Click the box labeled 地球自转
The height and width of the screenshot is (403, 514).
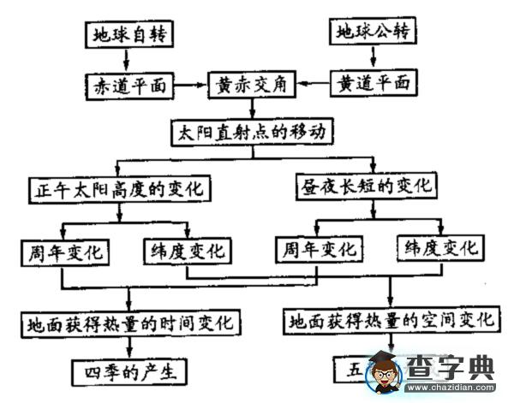point(131,36)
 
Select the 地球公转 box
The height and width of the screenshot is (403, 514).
point(374,33)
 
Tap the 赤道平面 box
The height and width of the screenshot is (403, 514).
point(130,86)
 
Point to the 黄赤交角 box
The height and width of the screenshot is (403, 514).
point(252,85)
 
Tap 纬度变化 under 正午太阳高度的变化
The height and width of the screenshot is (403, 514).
point(184,252)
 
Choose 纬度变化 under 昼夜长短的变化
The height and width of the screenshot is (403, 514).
point(437,249)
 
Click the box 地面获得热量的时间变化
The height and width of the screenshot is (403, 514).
point(130,323)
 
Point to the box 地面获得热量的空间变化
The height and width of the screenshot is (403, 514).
point(392,321)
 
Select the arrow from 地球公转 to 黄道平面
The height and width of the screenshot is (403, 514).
point(374,57)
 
